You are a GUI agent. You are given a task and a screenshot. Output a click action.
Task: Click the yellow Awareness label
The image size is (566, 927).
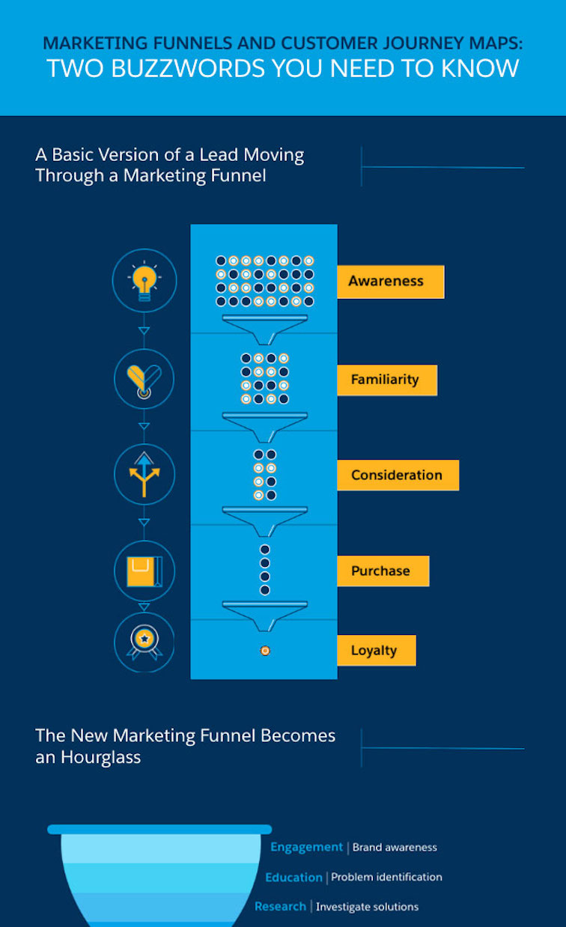coord(391,282)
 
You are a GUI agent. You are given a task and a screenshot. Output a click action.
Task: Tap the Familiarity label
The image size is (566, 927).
coord(387,380)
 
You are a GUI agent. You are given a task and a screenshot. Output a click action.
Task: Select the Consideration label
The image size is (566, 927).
coord(398,475)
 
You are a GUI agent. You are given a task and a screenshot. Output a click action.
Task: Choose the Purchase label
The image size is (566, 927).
coord(383,571)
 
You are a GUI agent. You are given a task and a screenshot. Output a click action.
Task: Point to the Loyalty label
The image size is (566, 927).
coord(377,650)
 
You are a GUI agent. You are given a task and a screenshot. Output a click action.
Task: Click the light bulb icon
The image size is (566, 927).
coord(144,281)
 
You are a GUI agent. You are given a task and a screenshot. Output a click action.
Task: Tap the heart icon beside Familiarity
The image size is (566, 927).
coord(144,380)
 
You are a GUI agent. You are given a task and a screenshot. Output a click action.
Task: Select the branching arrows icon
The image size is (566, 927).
coord(144,474)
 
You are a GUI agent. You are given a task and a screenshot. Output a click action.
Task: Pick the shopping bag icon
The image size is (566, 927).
coord(144,571)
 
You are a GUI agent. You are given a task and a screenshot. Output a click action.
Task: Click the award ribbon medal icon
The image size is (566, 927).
coord(144,642)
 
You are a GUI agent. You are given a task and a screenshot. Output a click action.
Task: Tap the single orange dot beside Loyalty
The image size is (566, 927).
coord(265,651)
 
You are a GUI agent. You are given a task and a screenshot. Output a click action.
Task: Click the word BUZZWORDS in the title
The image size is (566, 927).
coord(188,68)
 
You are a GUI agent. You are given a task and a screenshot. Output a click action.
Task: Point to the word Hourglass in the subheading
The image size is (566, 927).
coord(100,757)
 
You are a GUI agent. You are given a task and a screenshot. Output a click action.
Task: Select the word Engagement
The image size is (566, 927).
coord(307,847)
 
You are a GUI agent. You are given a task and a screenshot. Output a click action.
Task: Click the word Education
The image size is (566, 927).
coord(293,878)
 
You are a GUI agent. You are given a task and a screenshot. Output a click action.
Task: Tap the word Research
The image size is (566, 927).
coord(280,907)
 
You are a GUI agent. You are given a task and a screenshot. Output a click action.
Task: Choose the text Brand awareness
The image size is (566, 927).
coord(395,848)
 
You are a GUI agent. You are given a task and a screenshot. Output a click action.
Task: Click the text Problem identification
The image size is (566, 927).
coord(386,877)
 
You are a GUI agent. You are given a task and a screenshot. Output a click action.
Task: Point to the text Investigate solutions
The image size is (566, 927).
coord(368,907)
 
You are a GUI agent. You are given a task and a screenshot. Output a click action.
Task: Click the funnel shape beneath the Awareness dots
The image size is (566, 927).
coord(265,329)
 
